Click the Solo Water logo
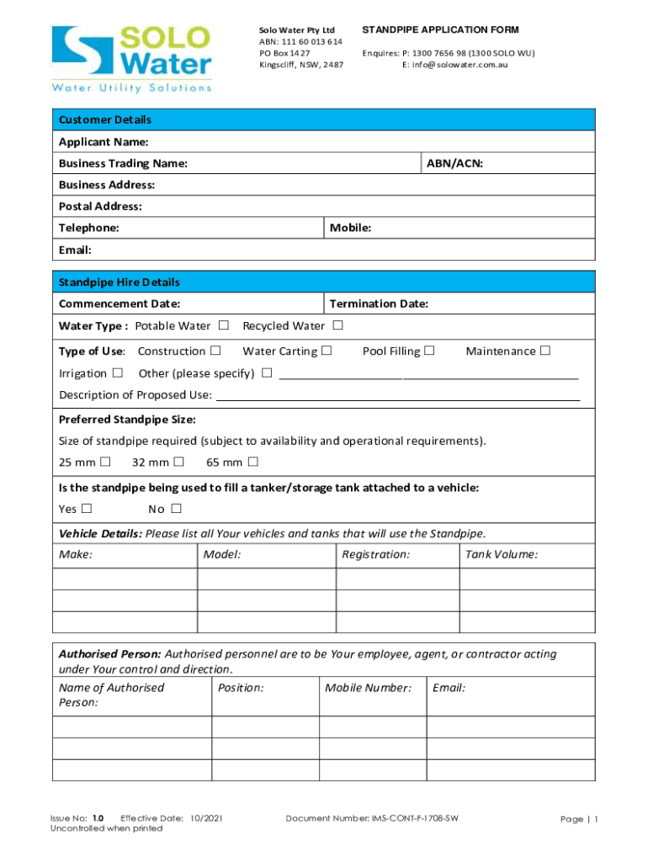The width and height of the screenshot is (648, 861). coord(132,57)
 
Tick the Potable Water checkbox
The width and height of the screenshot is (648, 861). coord(224,325)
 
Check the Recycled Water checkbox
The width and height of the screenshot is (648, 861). coord(337,325)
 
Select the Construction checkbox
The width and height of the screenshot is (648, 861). coord(216,351)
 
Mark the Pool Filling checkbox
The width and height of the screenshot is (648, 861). coord(429,351)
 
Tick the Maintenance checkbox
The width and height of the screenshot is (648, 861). coord(545,351)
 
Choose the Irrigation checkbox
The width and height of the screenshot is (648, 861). coord(118,373)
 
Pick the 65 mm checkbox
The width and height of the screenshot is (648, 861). coord(252,462)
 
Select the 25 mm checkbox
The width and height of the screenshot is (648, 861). coord(105,462)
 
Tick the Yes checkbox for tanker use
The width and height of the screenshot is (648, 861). coord(87,509)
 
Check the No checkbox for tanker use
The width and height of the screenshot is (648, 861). coord(176,509)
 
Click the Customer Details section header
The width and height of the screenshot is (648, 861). coord(105,119)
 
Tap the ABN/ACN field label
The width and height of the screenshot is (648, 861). coord(454,163)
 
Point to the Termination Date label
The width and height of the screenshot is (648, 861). coord(379,304)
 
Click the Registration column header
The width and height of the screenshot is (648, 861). coord(375,554)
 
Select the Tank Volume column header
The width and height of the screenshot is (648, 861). coord(502,554)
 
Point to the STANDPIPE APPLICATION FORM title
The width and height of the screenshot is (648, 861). coord(440,30)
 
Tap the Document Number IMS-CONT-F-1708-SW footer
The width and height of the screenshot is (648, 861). coord(372,818)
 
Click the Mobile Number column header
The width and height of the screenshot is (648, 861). coord(368,688)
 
